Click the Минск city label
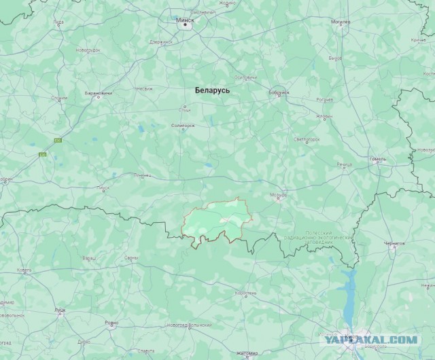(x=185, y=20)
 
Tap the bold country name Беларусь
(x=212, y=90)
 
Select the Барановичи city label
(x=98, y=92)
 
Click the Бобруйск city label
(x=279, y=92)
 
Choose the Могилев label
(x=341, y=22)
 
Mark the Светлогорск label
(x=307, y=139)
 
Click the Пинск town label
(x=103, y=187)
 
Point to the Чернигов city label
(x=394, y=244)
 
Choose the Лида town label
(x=58, y=22)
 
